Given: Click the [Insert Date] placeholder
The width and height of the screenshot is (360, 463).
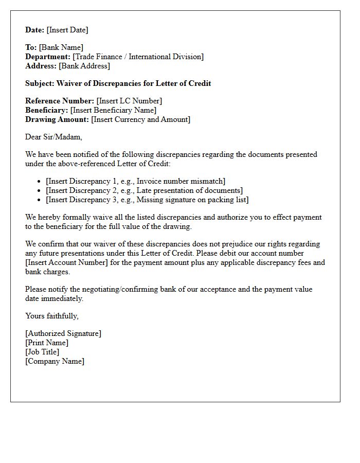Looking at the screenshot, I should [67, 30].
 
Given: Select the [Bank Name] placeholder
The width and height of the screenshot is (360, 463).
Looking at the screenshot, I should [61, 47].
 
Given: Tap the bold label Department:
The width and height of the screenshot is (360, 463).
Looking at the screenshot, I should [48, 57].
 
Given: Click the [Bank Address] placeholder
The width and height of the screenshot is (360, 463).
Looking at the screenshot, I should [84, 66].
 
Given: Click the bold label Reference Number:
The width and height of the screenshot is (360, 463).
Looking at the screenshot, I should [60, 101].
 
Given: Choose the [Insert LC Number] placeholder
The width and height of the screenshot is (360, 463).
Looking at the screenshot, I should [129, 101].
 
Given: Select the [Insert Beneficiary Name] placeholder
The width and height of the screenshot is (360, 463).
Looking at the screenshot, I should [113, 110].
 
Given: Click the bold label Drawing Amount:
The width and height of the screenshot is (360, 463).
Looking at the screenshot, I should [57, 119].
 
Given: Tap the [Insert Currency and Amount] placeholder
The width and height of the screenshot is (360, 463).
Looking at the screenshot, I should [140, 119].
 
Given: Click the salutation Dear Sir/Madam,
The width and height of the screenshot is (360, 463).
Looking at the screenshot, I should [53, 137].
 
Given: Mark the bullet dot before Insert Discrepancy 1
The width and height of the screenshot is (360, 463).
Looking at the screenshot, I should [40, 182].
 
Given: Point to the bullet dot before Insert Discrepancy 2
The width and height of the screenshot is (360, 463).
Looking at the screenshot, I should [40, 191].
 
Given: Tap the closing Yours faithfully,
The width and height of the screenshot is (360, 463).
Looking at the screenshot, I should [51, 316].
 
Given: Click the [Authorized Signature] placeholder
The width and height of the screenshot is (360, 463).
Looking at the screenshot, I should [63, 333].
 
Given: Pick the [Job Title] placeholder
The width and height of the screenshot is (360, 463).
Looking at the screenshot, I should [42, 352].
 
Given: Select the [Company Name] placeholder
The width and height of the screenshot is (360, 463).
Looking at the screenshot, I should [55, 361].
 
